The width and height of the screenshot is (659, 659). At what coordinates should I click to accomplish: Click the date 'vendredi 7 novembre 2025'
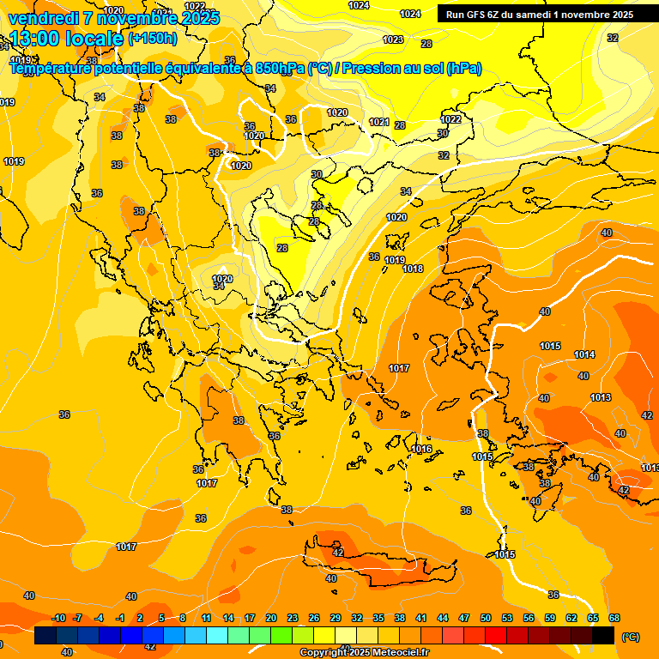tap(113, 18)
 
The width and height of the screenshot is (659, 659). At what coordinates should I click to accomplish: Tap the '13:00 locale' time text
tap(67, 39)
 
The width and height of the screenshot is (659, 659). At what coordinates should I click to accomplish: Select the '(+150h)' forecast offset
tap(153, 39)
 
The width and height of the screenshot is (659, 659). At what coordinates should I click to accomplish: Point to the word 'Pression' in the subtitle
tap(376, 69)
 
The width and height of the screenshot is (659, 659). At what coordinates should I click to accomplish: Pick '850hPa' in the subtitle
tap(281, 69)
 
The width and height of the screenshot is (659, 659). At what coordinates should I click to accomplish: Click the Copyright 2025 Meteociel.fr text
tap(365, 653)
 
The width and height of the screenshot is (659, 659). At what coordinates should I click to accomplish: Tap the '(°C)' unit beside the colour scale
tap(629, 637)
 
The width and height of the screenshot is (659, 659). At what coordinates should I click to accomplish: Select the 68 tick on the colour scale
tap(614, 618)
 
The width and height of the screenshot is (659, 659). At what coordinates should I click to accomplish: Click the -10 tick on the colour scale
tap(58, 618)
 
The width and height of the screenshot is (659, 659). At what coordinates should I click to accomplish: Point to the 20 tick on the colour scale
tap(271, 618)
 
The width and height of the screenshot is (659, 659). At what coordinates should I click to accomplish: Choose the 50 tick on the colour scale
tap(486, 618)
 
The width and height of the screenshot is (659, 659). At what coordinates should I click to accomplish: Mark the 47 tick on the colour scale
tap(464, 618)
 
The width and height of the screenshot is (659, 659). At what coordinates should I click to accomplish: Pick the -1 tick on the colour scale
tap(121, 618)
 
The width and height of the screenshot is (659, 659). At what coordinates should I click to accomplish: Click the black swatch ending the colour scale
tap(603, 636)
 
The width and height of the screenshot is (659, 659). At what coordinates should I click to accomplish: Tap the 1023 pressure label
tap(393, 39)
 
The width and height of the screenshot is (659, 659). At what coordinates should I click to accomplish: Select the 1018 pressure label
tap(413, 269)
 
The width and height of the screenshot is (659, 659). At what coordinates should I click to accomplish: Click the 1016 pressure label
tap(421, 449)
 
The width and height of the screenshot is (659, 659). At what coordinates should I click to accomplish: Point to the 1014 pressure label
tap(584, 354)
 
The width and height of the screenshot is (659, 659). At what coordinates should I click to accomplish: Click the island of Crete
tap(378, 566)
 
